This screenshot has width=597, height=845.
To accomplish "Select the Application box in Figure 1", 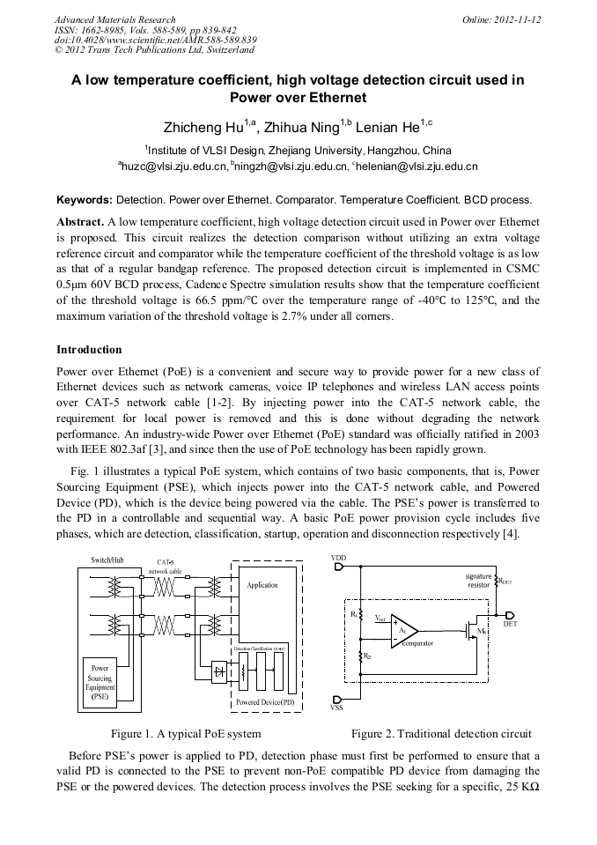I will pos(262,585).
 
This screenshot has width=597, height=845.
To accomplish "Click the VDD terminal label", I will pos(339,558).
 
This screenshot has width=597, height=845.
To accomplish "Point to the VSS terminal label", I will pos(336,707).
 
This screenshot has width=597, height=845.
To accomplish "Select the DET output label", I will pos(509,622).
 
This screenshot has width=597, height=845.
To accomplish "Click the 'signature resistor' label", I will pos(478,581).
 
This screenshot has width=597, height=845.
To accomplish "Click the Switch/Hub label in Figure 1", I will pos(107,560).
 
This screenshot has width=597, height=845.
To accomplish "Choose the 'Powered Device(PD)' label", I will pos(265,701).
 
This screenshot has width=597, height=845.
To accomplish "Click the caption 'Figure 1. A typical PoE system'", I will pos(185,733).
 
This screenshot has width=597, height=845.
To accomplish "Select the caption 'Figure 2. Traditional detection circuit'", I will pos(441,733).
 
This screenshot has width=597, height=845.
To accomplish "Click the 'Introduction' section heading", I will pos(89,350).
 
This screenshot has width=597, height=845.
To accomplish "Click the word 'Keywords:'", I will pos(85,200).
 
